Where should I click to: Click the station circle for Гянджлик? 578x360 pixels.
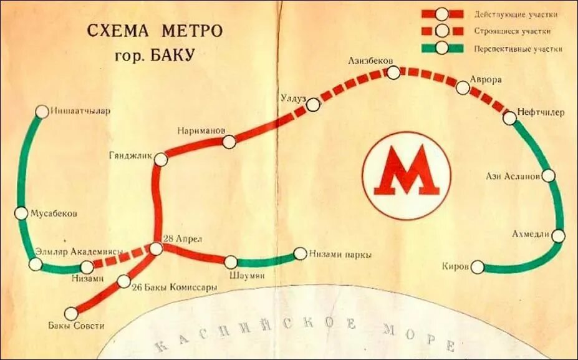click(x=161, y=160)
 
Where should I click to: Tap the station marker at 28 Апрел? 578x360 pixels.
click(x=156, y=249)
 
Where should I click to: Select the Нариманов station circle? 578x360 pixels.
click(x=229, y=142)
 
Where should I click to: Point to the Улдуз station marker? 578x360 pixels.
click(x=314, y=105)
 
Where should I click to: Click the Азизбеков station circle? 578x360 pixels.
click(x=393, y=72)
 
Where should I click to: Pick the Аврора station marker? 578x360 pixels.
click(x=463, y=88)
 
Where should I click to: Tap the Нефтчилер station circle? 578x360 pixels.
click(x=509, y=117)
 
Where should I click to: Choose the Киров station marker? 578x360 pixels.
click(x=477, y=267)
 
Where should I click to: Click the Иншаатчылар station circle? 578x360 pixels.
click(x=42, y=112)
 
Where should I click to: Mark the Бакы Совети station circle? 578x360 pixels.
click(x=71, y=314)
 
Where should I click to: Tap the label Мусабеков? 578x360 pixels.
click(x=54, y=213)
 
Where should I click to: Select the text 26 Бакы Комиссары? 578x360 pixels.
click(x=175, y=288)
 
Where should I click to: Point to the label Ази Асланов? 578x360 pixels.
click(x=513, y=177)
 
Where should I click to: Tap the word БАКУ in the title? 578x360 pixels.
click(x=169, y=54)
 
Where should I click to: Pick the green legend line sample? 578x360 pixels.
click(x=442, y=48)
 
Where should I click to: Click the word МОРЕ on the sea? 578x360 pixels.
click(x=417, y=336)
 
